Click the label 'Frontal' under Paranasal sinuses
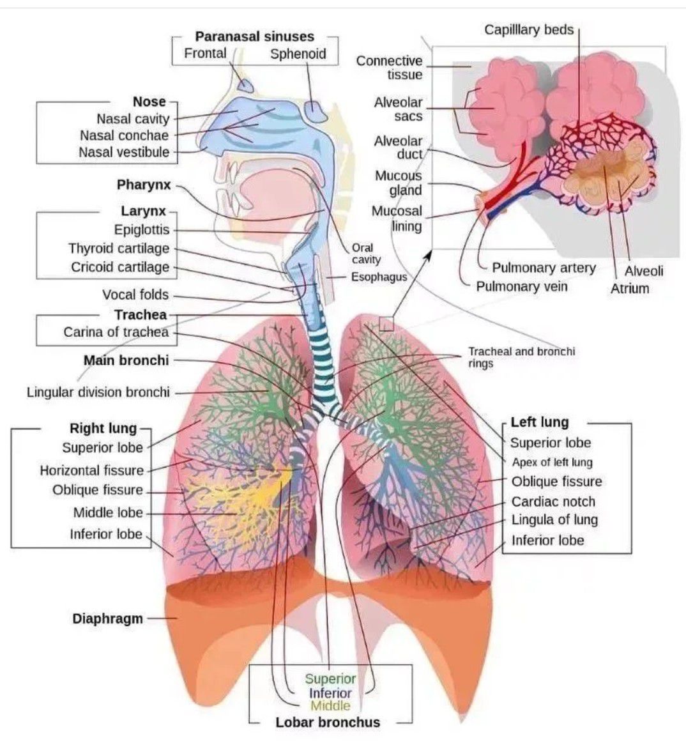point(205,53)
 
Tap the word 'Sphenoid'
point(298,54)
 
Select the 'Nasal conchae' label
point(125,135)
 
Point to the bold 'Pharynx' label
point(144,185)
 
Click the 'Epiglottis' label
point(142,229)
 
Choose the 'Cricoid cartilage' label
point(120,267)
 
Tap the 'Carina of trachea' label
point(116,332)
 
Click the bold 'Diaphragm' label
point(107,618)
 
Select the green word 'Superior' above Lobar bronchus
point(330,679)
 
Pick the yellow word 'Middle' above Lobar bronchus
point(330,706)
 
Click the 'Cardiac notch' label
point(553,502)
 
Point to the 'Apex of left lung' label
point(552,462)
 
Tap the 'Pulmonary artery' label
point(544,268)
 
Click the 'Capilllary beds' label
point(529,29)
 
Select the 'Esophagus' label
point(379,277)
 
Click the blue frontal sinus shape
point(245,83)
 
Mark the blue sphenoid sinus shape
point(316,111)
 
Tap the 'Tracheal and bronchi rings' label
point(521,357)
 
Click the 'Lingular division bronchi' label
point(98,392)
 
